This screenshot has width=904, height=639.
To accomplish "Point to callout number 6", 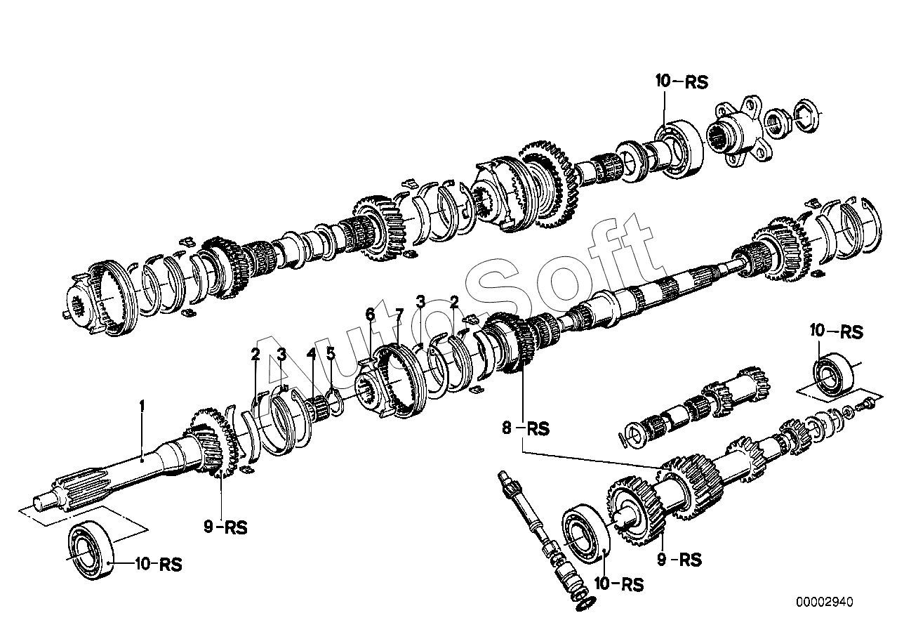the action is (370, 313).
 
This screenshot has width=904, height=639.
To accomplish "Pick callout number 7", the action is (398, 313).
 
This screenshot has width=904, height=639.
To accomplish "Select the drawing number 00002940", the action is (825, 602).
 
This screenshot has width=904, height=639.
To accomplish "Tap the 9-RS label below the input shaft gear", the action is (226, 527).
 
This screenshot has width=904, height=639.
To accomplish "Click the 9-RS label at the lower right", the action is (679, 560).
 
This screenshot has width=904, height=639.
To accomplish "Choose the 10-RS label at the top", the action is (682, 81).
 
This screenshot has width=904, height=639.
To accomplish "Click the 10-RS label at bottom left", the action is (157, 564).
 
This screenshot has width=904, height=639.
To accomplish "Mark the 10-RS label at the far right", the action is (836, 331).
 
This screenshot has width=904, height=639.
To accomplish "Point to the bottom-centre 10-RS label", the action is (618, 584).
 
